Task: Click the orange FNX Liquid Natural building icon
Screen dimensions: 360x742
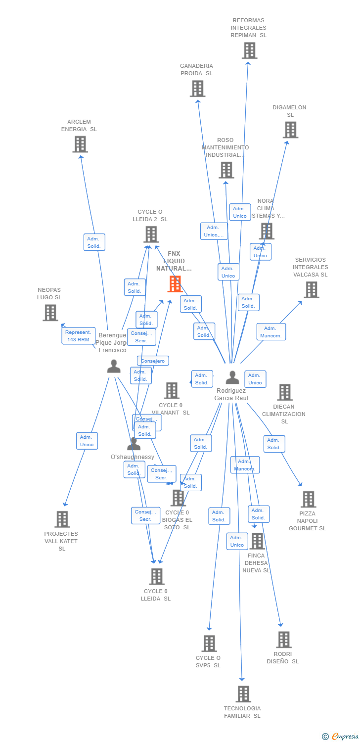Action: tap(175, 284)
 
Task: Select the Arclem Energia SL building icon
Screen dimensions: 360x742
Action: tap(80, 144)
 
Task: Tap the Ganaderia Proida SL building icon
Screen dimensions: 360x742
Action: tap(197, 89)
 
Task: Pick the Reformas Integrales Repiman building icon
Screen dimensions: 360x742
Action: tap(249, 50)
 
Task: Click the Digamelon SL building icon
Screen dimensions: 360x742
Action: tap(290, 130)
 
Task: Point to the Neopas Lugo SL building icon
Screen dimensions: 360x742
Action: tap(50, 313)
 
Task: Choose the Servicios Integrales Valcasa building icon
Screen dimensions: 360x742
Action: tap(311, 290)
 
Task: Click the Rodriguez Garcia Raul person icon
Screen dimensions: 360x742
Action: tap(232, 377)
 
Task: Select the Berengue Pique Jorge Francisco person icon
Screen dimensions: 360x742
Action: tap(114, 367)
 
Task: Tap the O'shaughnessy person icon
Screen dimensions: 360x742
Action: tap(134, 444)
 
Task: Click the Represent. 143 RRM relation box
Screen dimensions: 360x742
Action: tap(78, 336)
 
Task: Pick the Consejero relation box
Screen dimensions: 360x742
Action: tap(153, 361)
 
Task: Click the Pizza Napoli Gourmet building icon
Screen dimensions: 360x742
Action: tap(308, 500)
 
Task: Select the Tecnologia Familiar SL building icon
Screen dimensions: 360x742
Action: tap(243, 694)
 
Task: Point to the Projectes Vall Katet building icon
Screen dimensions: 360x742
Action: tap(62, 519)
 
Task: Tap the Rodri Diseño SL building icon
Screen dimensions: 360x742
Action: tap(283, 640)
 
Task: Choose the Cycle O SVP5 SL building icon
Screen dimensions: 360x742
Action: tap(209, 644)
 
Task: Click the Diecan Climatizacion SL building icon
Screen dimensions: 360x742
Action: tap(284, 392)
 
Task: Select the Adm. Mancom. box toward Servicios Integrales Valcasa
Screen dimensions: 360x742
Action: tap(271, 332)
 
